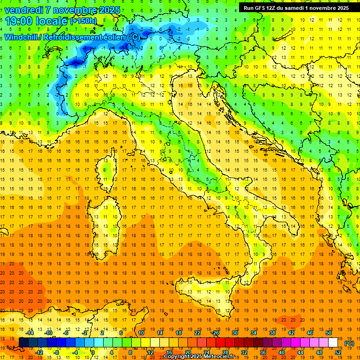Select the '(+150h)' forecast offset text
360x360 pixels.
point(83,21)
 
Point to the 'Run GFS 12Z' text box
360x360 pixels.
point(296,8)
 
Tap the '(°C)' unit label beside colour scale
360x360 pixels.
point(349,343)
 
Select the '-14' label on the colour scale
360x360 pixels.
point(30,333)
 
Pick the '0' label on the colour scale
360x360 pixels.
point(92,352)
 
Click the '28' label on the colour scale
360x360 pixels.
point(225,352)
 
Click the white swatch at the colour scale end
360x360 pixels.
point(333,343)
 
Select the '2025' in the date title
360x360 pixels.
point(110,10)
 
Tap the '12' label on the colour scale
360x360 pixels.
point(151,352)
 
